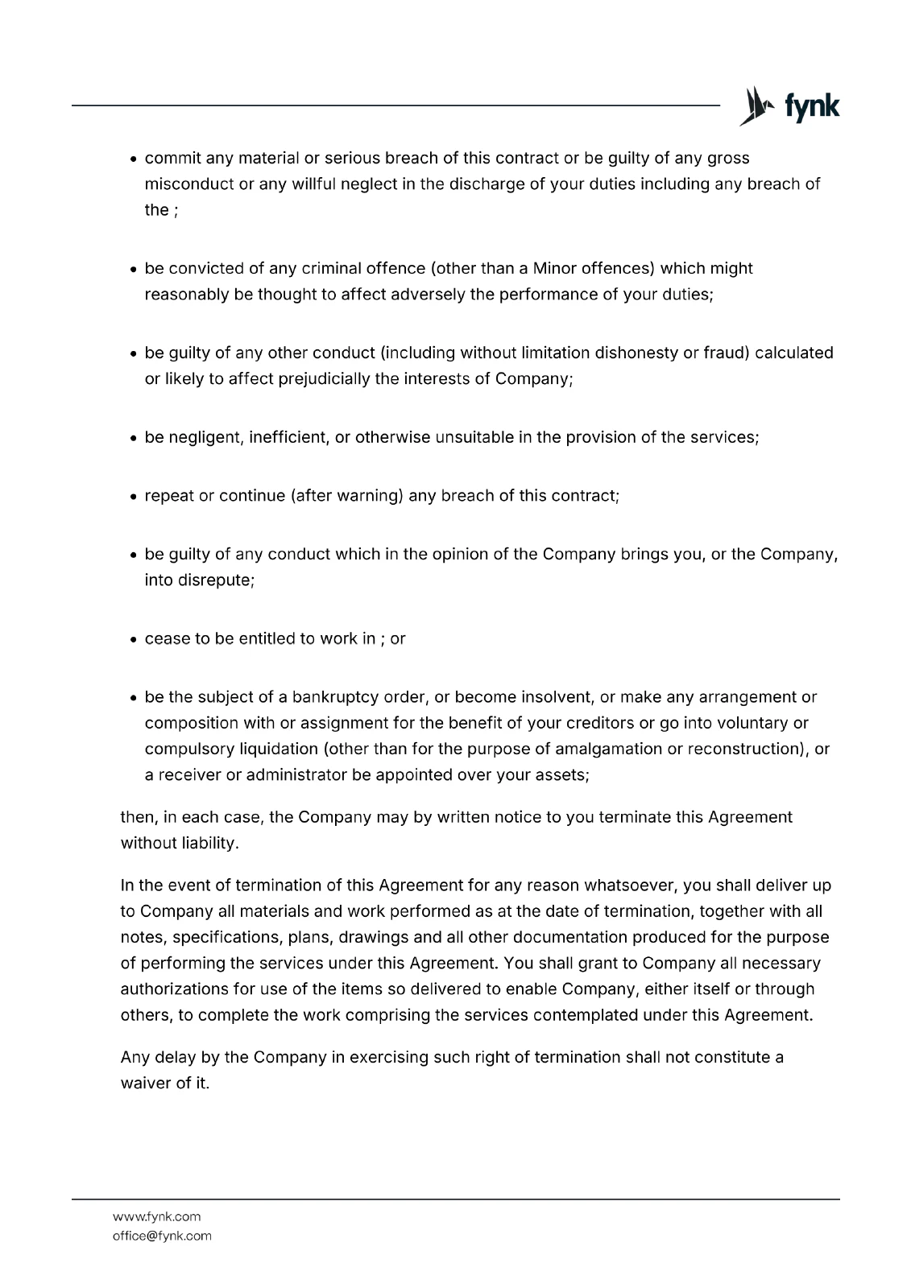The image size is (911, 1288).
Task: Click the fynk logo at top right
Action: [x=789, y=106]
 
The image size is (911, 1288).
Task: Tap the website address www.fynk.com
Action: [x=156, y=1216]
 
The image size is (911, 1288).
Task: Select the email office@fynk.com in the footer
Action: [x=162, y=1236]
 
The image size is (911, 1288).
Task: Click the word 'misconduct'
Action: [x=189, y=184]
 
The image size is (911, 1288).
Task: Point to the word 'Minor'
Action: [x=554, y=268]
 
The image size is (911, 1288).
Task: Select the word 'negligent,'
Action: [x=205, y=437]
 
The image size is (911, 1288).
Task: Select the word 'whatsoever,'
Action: [x=631, y=885]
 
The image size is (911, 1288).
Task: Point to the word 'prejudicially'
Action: [x=325, y=378]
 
